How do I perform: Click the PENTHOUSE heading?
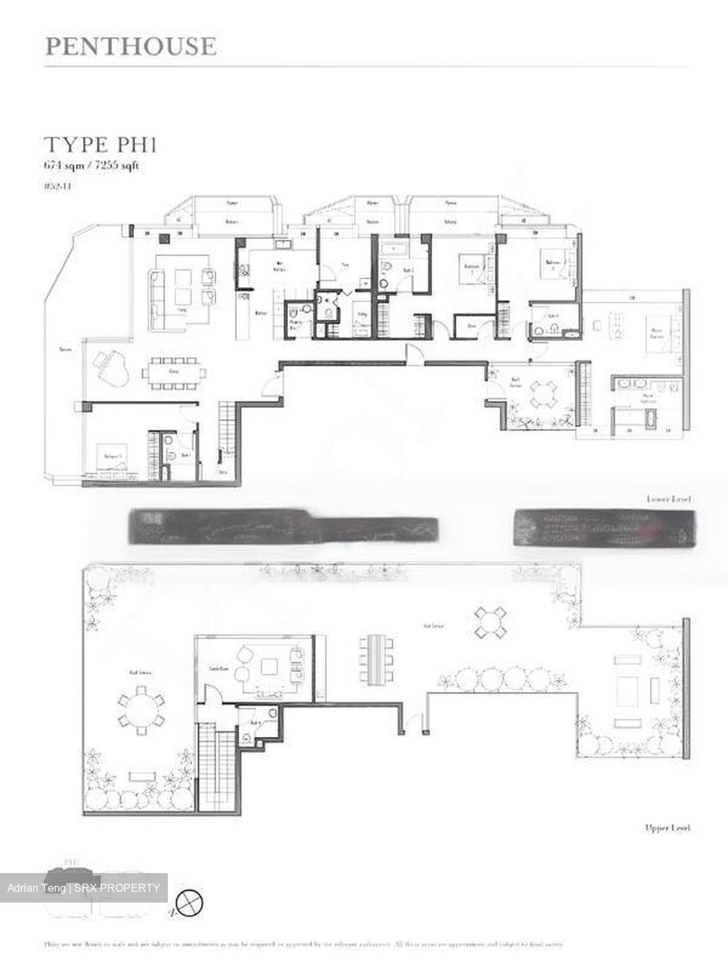pyautogui.click(x=131, y=46)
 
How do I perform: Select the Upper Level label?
pyautogui.click(x=667, y=828)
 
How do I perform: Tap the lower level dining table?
pyautogui.click(x=173, y=373)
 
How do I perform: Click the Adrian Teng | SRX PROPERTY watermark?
pyautogui.click(x=84, y=888)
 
